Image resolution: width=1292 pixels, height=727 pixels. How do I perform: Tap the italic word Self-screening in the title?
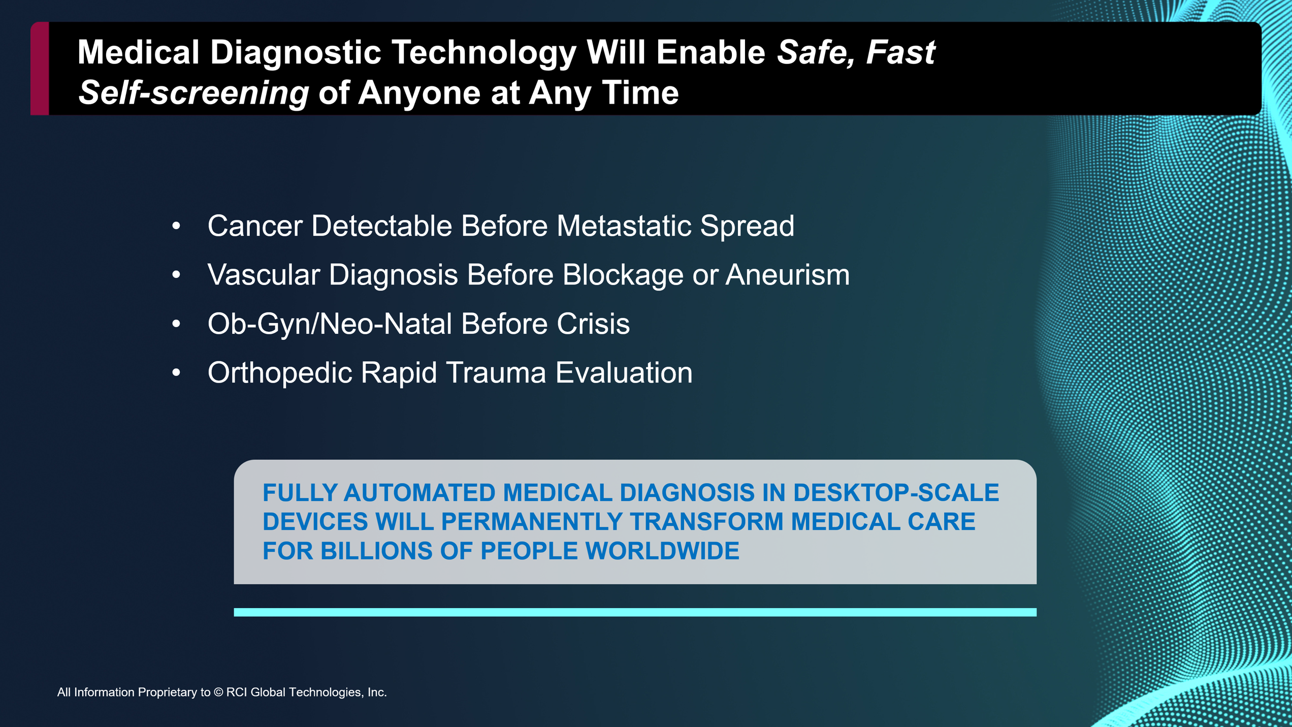193,93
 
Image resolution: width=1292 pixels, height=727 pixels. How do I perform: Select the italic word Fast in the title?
900,52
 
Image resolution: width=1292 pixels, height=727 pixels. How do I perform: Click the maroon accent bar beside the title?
40,69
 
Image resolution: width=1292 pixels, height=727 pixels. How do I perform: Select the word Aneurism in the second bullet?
787,274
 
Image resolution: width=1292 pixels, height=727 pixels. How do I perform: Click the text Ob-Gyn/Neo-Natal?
330,324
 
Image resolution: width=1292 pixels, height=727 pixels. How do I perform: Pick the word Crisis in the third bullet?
593,324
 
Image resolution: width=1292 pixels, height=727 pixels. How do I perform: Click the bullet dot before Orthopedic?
176,373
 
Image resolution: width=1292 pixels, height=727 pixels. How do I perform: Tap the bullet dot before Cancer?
176,226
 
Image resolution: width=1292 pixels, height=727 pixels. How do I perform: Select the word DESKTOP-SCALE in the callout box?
896,493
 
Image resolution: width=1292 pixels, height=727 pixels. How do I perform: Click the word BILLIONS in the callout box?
376,551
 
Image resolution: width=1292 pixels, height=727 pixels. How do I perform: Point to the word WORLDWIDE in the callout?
662,551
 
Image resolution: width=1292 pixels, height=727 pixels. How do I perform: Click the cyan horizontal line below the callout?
635,612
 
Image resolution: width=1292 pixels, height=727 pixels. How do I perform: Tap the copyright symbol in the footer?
218,692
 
